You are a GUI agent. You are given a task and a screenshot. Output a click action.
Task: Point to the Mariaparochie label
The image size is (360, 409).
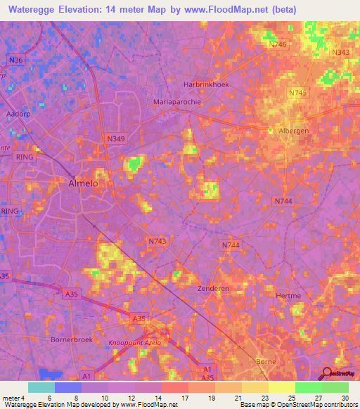(x=177, y=101)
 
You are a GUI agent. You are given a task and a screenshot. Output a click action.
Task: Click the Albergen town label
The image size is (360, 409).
(x=294, y=131)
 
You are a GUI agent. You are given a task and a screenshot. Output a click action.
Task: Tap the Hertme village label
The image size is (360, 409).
(x=289, y=296)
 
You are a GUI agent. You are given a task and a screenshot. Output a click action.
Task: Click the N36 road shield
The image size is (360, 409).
(x=16, y=60)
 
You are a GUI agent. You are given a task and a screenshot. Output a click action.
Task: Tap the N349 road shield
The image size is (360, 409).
(x=116, y=139)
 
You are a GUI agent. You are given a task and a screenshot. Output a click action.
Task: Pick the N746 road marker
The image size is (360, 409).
(x=278, y=44)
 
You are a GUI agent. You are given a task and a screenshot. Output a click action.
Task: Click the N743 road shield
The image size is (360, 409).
(x=157, y=241)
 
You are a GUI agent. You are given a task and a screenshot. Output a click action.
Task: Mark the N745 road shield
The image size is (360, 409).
(x=297, y=93)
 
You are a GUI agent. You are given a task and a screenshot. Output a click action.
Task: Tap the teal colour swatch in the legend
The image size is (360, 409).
(x=41, y=387)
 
